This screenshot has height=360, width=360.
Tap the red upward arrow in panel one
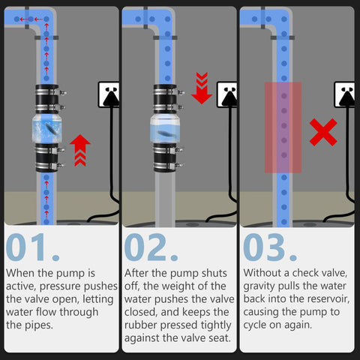click(80, 149)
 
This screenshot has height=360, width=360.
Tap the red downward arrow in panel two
click(201, 88)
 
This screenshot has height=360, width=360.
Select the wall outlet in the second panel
click(226, 94)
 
